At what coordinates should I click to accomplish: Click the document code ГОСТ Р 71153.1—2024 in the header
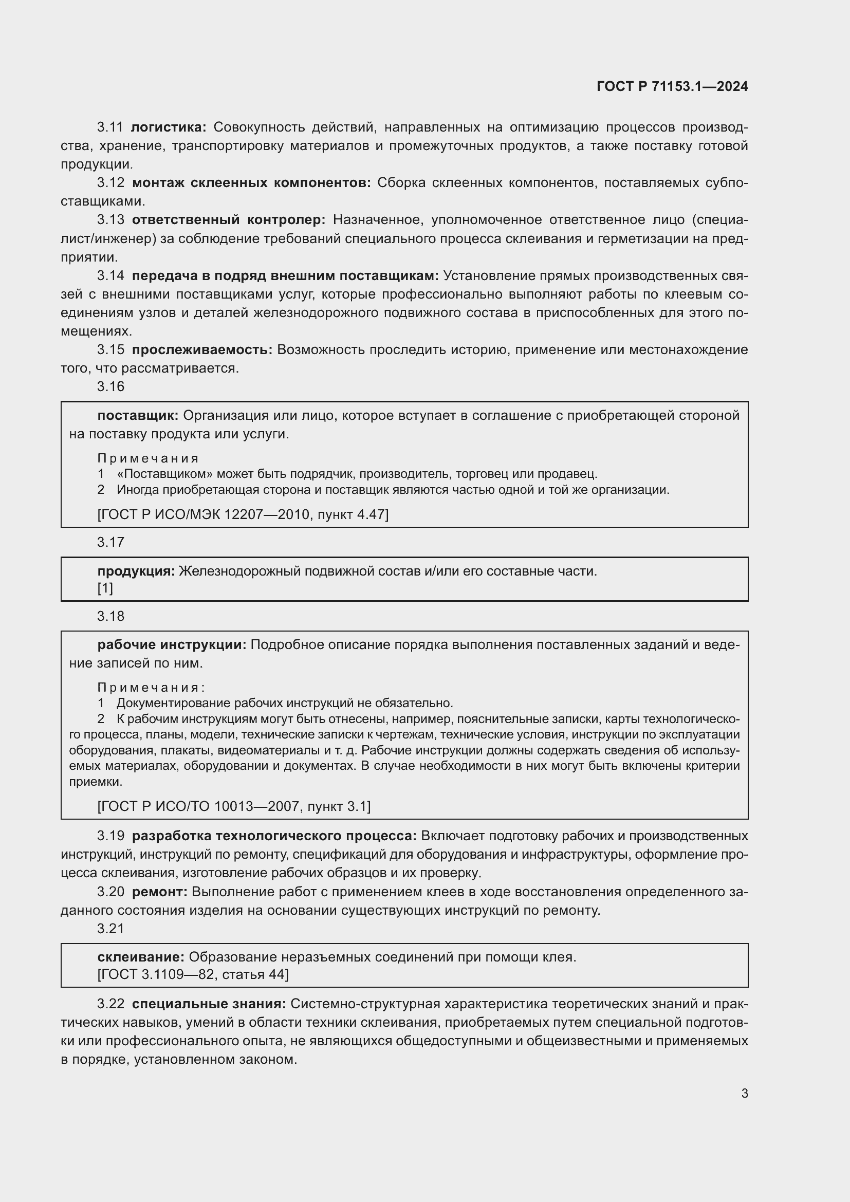(672, 86)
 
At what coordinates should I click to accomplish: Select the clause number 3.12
(110, 183)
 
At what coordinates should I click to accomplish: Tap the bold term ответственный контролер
(228, 220)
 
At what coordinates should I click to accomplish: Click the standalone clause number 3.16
(110, 386)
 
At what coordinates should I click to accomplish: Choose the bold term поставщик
(138, 415)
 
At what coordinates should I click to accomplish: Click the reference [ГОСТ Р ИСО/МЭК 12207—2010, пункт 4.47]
(243, 514)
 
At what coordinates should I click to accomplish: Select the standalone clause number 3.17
(110, 542)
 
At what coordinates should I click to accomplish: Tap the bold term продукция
(136, 570)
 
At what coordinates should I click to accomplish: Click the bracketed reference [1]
(105, 588)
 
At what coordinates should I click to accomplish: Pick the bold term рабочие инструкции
(172, 644)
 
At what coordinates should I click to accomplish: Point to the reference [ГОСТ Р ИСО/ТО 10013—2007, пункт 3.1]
(234, 806)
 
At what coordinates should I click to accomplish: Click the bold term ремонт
(159, 892)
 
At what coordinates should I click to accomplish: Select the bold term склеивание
(141, 957)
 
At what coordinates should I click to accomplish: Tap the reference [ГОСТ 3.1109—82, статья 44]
(193, 974)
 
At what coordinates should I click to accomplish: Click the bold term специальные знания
(209, 1004)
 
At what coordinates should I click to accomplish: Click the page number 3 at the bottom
(744, 1094)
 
